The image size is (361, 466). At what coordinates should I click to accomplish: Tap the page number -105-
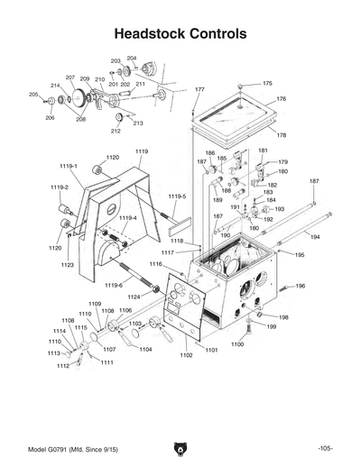point(326,448)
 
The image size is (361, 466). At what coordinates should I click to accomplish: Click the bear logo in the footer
point(180,448)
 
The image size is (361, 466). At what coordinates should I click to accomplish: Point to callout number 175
point(267,83)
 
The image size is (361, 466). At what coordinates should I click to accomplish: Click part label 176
point(281,99)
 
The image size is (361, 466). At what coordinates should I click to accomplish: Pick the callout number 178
point(282,135)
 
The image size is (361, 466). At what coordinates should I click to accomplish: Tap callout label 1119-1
point(69,166)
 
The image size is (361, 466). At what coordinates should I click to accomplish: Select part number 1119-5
point(177,196)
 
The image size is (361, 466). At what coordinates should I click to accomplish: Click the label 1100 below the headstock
point(237,344)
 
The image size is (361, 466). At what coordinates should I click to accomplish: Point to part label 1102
point(186,356)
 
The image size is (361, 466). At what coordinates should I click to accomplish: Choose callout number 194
point(315,237)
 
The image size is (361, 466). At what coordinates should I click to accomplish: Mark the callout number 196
point(301,286)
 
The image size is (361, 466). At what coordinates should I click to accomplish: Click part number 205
point(33,95)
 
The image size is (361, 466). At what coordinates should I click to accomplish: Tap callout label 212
point(116,131)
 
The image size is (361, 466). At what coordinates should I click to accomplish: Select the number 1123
point(68,265)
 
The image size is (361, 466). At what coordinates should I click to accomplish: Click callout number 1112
point(63,366)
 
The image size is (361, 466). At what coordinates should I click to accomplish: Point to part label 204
point(132,58)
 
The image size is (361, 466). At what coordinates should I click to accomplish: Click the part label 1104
point(145,349)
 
